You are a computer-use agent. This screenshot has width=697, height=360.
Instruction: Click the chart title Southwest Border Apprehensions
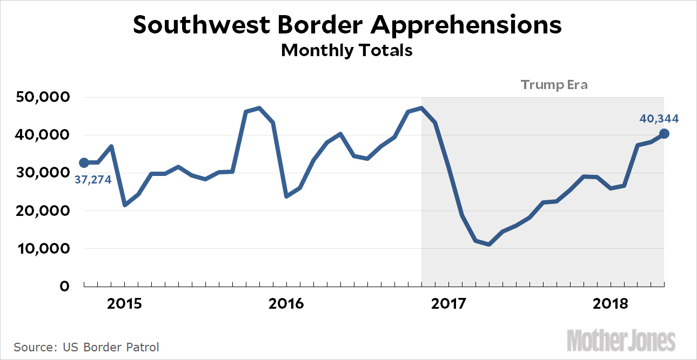(x=347, y=25)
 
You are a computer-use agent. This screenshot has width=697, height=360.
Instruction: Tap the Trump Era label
(x=554, y=85)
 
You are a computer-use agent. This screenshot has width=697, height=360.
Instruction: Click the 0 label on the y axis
(x=64, y=287)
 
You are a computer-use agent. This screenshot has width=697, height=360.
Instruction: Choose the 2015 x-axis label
(x=125, y=304)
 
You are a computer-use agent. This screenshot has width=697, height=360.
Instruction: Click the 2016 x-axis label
(x=286, y=304)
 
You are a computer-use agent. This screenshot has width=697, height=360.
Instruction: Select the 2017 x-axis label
(x=448, y=304)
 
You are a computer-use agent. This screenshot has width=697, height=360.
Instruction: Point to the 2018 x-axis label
(x=611, y=304)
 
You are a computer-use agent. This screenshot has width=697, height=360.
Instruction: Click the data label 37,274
(x=92, y=180)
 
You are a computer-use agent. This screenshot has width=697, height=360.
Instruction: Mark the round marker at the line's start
(x=84, y=162)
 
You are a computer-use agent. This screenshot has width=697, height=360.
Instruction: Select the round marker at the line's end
(x=664, y=134)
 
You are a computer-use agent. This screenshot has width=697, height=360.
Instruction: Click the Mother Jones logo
(x=621, y=340)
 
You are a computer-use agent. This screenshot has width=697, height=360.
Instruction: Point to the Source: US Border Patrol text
(x=86, y=347)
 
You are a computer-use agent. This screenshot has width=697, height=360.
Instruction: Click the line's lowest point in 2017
(x=488, y=244)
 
